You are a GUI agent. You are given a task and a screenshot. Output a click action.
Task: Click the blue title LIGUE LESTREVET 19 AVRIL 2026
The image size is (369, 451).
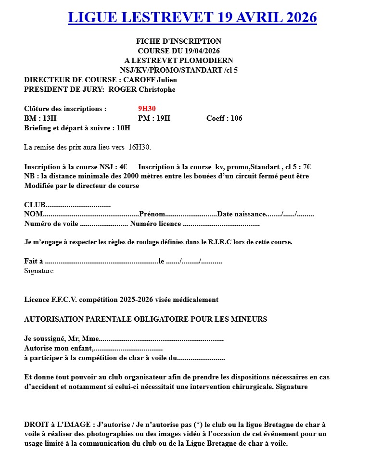(192, 17)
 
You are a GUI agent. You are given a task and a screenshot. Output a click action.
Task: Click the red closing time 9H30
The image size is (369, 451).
(147, 109)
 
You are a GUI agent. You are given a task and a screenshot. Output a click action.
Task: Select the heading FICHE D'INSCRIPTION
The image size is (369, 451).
(178, 41)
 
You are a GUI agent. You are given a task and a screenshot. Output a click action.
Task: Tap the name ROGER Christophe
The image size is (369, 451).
(142, 89)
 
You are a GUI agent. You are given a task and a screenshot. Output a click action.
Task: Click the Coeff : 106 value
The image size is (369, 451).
(224, 118)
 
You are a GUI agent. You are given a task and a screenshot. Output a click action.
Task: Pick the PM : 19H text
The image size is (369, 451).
(154, 118)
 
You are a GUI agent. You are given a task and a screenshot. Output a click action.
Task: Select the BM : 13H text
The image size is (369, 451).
(40, 118)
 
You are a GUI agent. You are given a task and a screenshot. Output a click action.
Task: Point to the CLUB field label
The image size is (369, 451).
(34, 205)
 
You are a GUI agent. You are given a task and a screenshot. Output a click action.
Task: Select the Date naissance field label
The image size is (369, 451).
(241, 214)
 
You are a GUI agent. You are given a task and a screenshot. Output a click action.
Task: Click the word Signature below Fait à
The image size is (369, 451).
(39, 271)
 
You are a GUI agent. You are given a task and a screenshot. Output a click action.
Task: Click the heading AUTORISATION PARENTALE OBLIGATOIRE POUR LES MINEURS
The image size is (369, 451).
(145, 319)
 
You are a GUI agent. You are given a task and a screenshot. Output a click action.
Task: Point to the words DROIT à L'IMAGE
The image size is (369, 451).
(58, 424)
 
